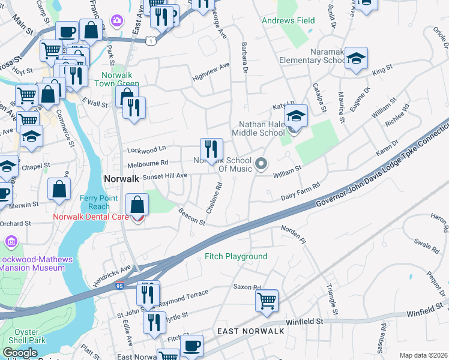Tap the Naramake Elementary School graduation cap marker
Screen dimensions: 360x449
pyautogui.click(x=356, y=58)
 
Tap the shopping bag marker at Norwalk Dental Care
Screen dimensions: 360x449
pyautogui.click(x=137, y=204)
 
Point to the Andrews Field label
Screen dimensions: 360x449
pyautogui.click(x=288, y=20)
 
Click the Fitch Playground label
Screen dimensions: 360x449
pyautogui.click(x=236, y=256)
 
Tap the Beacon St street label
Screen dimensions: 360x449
pyautogui.click(x=192, y=217)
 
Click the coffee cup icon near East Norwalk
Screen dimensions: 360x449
pyautogui.click(x=192, y=345)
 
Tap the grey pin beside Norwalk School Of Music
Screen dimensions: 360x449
pyautogui.click(x=261, y=163)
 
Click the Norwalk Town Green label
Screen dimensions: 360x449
pyautogui.click(x=120, y=80)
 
